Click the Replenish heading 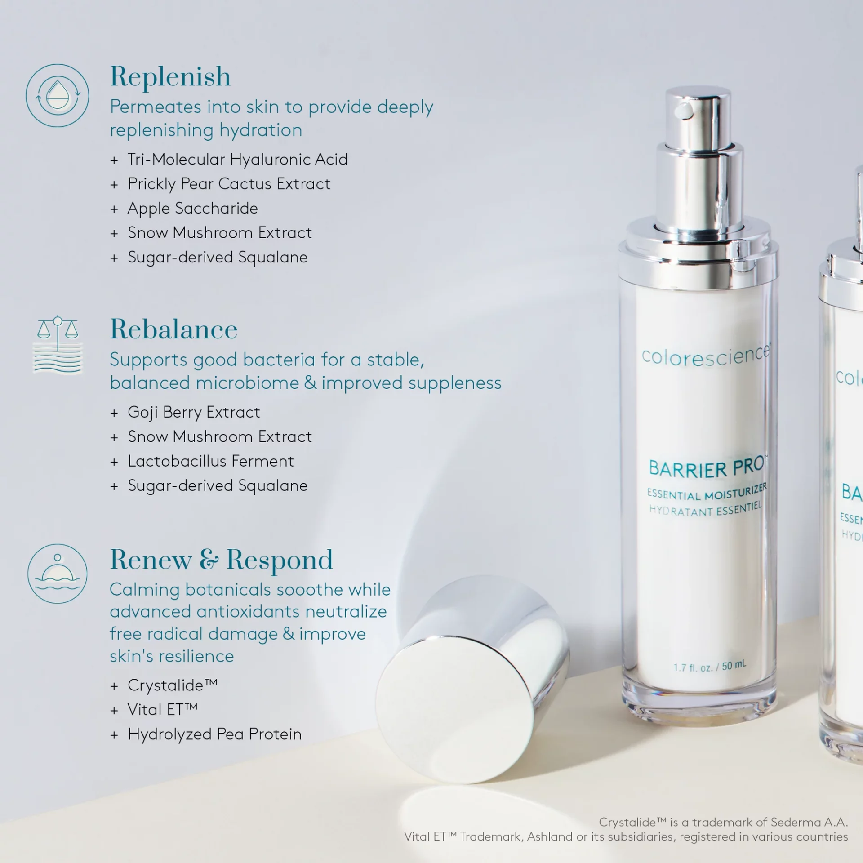tap(170, 77)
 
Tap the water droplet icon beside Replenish tap(58, 95)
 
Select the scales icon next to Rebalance tap(58, 345)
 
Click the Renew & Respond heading tap(221, 561)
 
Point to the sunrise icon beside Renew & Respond tap(58, 574)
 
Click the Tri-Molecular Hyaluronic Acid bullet tap(237, 160)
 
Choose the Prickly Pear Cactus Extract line tap(229, 184)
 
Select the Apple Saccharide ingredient tap(192, 209)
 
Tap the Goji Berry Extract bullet tap(194, 412)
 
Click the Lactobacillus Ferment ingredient tap(210, 461)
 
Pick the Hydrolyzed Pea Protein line tap(214, 734)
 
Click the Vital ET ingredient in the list tap(162, 710)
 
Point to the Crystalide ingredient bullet tap(172, 685)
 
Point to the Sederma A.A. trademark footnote tap(723, 822)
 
